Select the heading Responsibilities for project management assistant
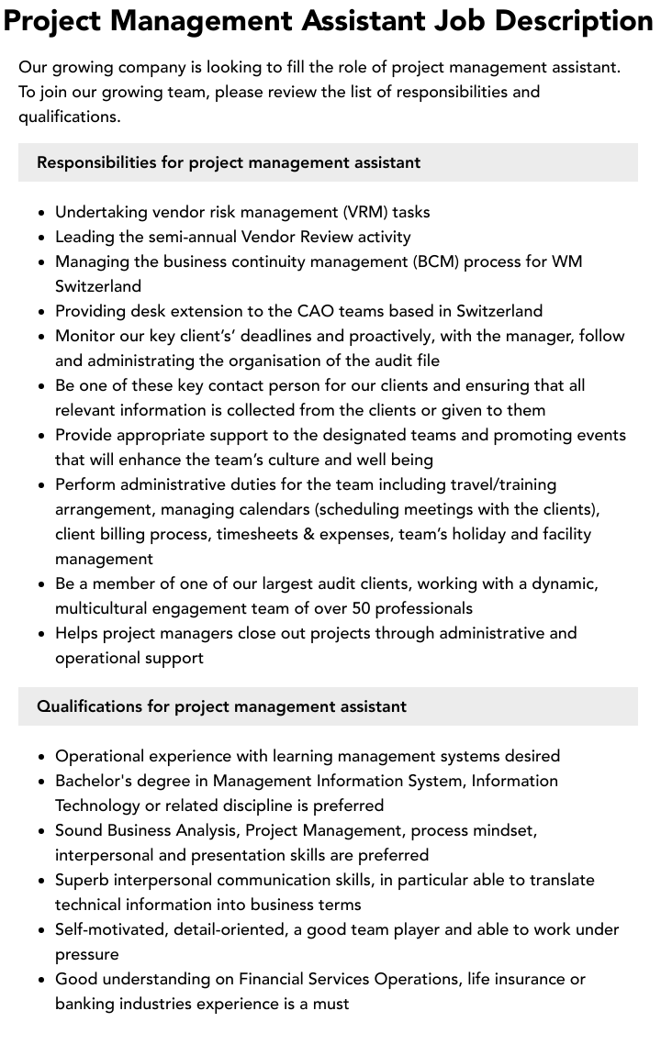(x=229, y=162)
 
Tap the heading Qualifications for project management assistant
(x=221, y=706)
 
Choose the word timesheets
(x=261, y=534)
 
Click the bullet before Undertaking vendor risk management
(x=42, y=213)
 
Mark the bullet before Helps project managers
(x=42, y=634)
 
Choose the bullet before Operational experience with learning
(x=42, y=757)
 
